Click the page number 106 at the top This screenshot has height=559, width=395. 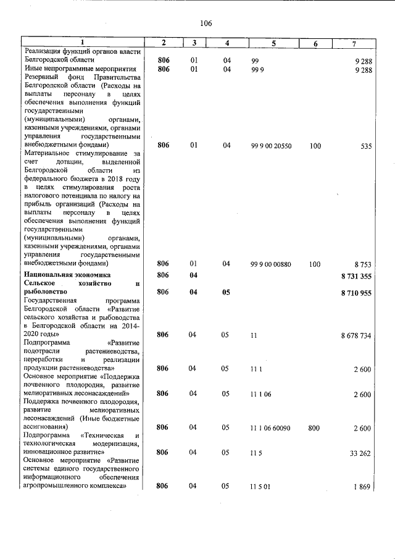(x=206, y=23)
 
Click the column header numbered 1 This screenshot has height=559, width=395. (x=81, y=43)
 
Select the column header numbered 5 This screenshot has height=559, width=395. (x=273, y=43)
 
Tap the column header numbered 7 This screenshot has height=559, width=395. (x=353, y=43)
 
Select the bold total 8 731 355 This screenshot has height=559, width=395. (x=355, y=275)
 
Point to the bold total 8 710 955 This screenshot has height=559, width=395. (x=355, y=293)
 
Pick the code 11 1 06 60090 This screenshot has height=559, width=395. (x=272, y=427)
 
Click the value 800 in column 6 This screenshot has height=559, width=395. (x=315, y=427)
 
